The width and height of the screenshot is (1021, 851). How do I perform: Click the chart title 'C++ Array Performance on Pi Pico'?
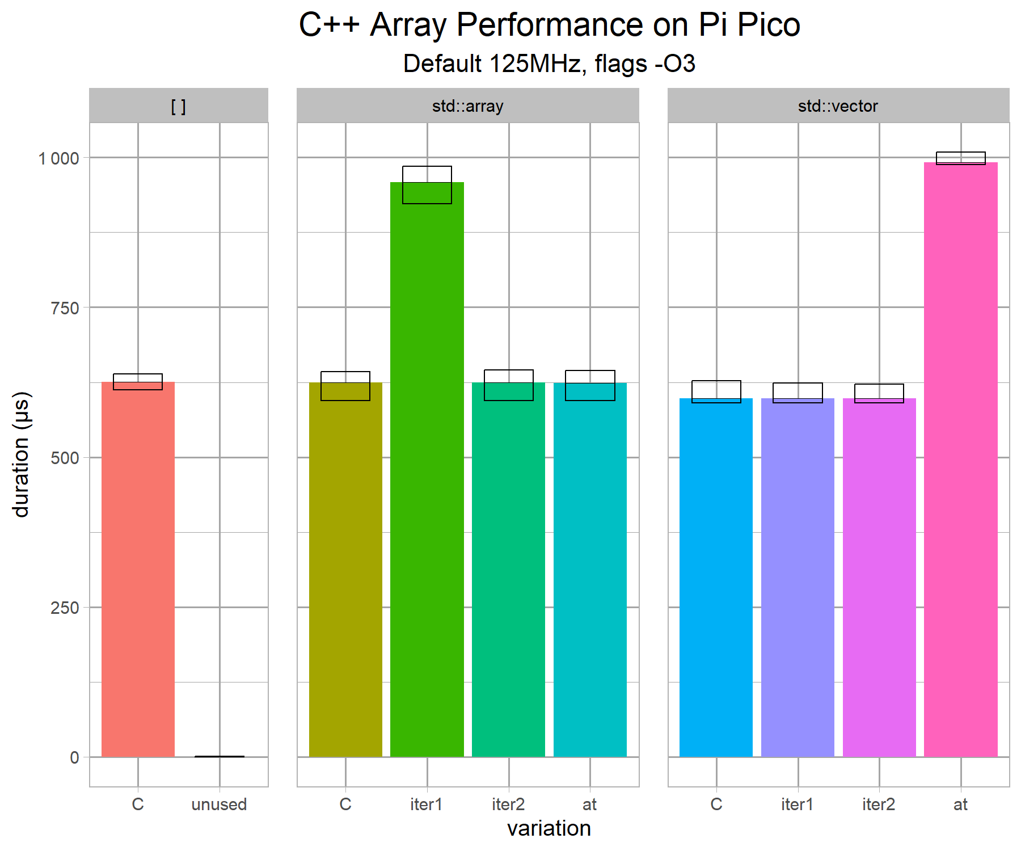[549, 25]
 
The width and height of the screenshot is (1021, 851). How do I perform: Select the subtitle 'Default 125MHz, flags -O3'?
[549, 64]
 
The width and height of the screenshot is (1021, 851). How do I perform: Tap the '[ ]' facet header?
[179, 106]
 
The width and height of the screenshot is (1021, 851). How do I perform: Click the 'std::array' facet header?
[467, 106]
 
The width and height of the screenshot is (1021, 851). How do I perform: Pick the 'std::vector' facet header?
[838, 106]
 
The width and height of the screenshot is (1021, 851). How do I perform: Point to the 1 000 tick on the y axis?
[58, 158]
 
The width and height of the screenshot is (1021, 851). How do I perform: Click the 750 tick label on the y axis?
[65, 308]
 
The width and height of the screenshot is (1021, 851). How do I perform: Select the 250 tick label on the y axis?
[65, 608]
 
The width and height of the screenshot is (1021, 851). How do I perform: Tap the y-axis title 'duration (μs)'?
[21, 454]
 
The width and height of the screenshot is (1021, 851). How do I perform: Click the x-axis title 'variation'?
[549, 829]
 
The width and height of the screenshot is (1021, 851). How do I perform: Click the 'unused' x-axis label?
[219, 804]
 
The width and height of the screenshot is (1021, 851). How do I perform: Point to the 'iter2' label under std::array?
[508, 804]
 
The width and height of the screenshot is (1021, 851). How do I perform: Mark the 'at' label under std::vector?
[960, 804]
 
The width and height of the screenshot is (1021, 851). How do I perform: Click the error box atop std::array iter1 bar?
[427, 185]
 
